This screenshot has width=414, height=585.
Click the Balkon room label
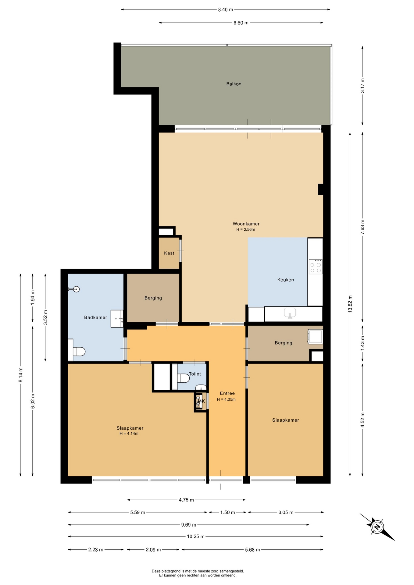[x=234, y=84]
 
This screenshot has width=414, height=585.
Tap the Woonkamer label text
[x=246, y=224]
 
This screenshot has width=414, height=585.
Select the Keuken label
[x=286, y=280]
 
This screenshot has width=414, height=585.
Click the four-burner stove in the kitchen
[x=316, y=267]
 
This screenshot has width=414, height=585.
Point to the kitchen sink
[x=290, y=313]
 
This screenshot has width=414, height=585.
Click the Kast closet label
[x=169, y=253]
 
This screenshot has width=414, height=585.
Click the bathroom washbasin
[x=117, y=319]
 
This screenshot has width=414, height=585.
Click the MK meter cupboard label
[x=201, y=401]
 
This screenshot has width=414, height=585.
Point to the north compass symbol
[x=377, y=527]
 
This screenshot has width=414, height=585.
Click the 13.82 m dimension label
[x=350, y=304]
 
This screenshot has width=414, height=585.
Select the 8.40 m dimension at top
[x=226, y=9]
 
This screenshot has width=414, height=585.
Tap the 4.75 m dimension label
[x=186, y=500]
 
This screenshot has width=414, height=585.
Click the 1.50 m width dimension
[x=228, y=512]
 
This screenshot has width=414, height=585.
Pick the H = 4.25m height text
[x=226, y=399]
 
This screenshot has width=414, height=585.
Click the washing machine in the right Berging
[x=315, y=336]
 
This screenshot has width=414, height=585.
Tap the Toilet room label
[x=195, y=374]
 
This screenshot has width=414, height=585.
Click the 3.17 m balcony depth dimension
[x=362, y=86]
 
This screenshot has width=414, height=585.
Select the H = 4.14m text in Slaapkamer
[x=129, y=434]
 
